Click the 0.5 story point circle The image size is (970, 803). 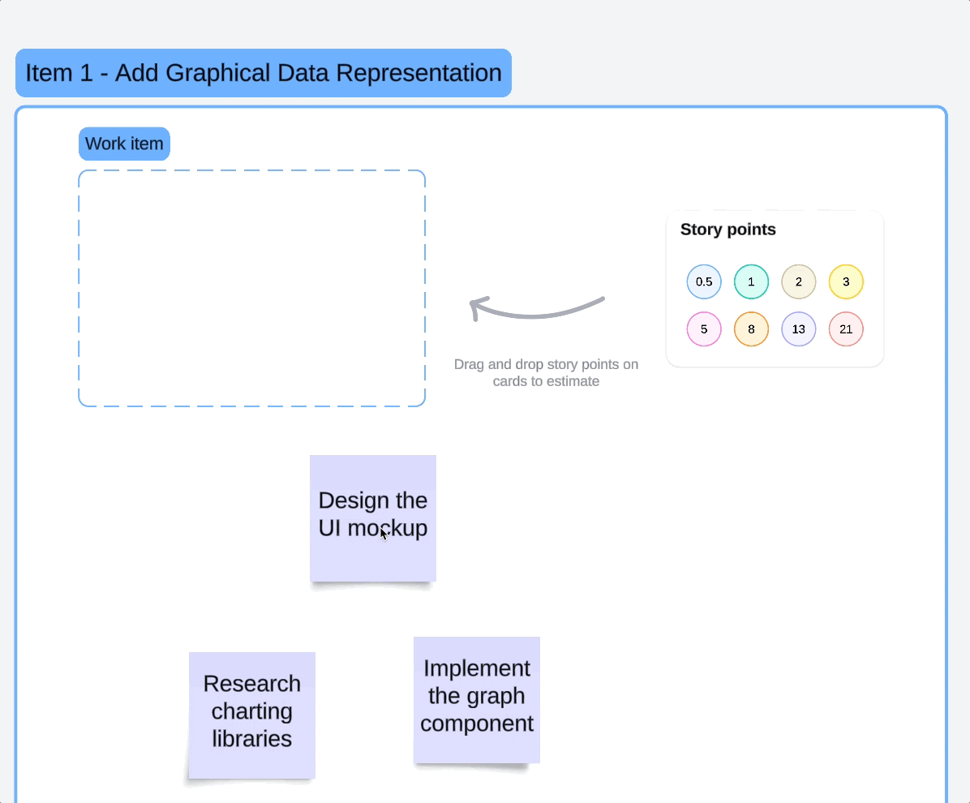point(704,282)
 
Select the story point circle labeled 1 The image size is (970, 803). point(751,282)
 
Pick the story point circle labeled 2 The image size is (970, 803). point(798,282)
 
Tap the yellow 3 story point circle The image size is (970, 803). point(846,282)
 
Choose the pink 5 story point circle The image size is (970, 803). point(704,329)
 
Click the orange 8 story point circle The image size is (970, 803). point(751,329)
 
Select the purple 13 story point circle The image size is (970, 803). point(798,329)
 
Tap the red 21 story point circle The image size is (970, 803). point(846,329)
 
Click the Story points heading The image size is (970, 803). point(727,230)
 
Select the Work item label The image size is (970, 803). point(124,144)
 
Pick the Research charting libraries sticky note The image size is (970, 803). point(251,714)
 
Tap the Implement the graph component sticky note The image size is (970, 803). point(477,699)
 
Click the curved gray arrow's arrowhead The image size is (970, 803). point(476,307)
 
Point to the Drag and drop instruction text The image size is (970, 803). point(546,373)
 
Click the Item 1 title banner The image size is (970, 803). point(263,73)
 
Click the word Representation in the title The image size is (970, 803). point(418,73)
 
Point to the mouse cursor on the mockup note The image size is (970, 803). point(383,533)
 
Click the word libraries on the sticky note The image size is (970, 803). point(251,739)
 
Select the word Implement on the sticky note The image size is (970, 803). point(477,668)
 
